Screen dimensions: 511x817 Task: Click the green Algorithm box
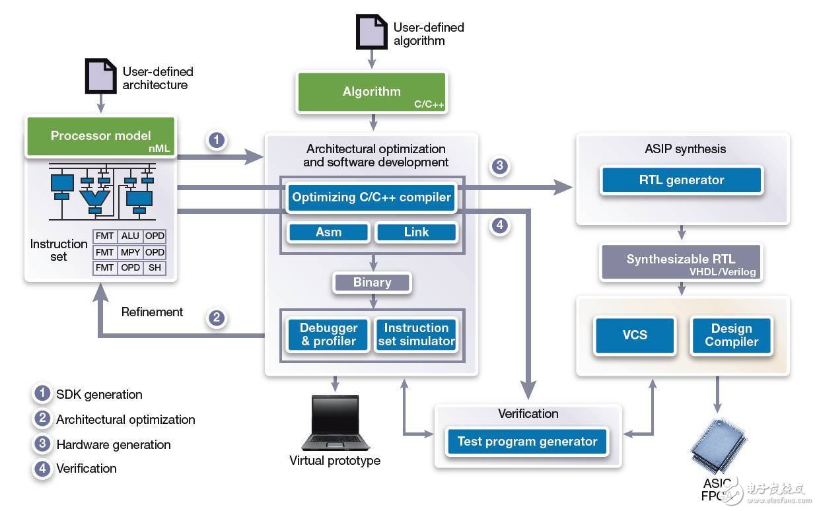pos(372,92)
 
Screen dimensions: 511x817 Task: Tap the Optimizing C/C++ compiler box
pos(372,197)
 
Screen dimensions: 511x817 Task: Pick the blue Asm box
pos(328,232)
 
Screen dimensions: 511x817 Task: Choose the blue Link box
pos(416,232)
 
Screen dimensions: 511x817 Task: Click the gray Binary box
pos(372,283)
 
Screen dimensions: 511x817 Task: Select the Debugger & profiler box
pos(328,335)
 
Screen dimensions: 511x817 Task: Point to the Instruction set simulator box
pos(416,335)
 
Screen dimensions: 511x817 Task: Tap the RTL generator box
pos(682,180)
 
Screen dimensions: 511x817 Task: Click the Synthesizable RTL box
pos(681,262)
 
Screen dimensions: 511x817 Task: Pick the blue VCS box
pos(635,335)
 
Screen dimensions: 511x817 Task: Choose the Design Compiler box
pos(731,335)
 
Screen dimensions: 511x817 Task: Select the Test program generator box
pos(527,442)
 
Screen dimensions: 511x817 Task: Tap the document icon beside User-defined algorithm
pos(372,31)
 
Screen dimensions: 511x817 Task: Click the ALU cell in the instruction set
pos(130,236)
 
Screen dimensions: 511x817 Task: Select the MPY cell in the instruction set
pos(130,252)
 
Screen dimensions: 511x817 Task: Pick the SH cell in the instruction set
pos(155,268)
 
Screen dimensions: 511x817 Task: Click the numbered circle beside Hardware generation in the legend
pos(42,444)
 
